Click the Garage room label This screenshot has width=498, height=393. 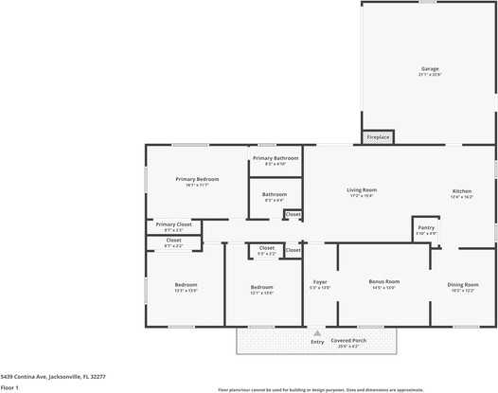[x=430, y=69]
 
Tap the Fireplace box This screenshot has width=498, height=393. [x=378, y=137]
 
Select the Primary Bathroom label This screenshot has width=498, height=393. [x=276, y=157]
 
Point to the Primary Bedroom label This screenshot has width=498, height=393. [x=197, y=179]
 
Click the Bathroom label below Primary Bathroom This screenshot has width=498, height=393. [x=275, y=194]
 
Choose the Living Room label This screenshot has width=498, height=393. [x=362, y=189]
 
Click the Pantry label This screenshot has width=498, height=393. [x=426, y=227]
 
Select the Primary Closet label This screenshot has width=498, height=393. [x=173, y=224]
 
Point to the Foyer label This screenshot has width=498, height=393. [x=320, y=281]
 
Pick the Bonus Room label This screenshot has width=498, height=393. [x=383, y=281]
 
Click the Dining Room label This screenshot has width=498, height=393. [x=462, y=284]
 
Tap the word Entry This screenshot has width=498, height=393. [x=317, y=341]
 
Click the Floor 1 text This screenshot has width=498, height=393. [x=9, y=387]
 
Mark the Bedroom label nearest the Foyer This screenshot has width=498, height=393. [x=261, y=287]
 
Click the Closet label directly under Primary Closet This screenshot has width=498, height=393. [x=173, y=241]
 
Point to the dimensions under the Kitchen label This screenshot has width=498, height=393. [x=461, y=197]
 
